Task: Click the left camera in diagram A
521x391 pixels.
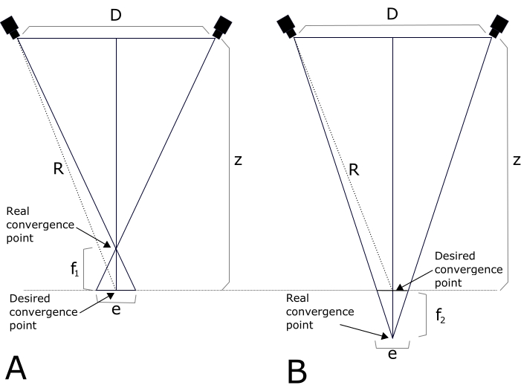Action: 11,27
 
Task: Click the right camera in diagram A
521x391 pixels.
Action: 221,27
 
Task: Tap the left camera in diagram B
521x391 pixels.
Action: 288,27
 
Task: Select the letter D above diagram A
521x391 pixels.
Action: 116,14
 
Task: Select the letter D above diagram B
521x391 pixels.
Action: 392,14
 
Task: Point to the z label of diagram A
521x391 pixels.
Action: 238,161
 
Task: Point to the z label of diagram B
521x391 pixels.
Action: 514,161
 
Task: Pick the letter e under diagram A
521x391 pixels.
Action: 115,308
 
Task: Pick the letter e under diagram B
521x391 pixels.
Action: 392,354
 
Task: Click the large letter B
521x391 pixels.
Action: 297,370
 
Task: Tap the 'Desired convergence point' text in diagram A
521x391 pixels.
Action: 42,311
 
